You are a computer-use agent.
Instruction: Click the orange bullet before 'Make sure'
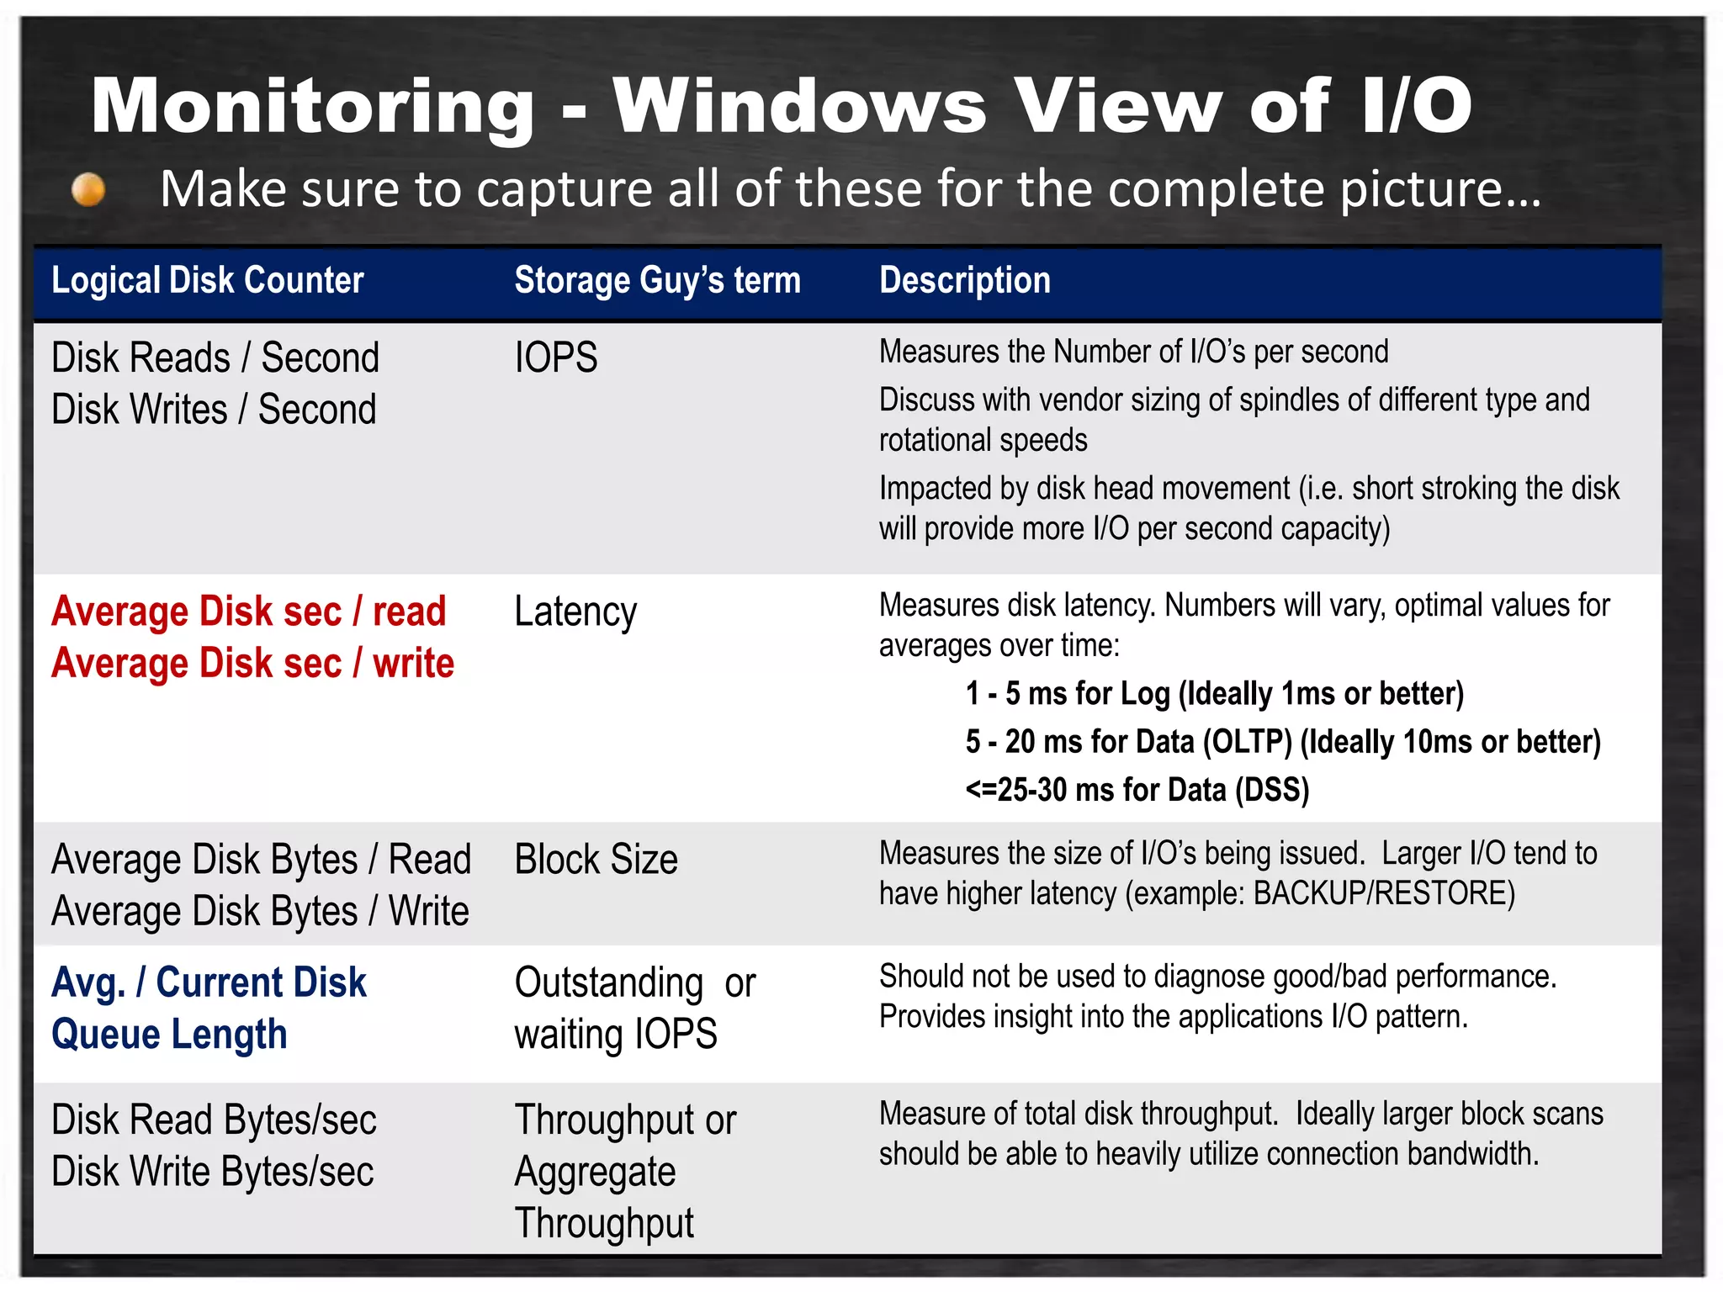[x=88, y=189]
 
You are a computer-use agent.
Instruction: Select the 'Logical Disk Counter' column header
[x=207, y=280]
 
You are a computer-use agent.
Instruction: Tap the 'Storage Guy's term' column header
[x=657, y=280]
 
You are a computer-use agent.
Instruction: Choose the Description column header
[x=965, y=280]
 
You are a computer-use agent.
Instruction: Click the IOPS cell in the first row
[x=555, y=357]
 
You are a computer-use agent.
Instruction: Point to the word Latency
[x=575, y=612]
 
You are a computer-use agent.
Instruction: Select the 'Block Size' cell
[x=596, y=860]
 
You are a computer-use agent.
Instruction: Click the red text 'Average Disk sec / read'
[x=248, y=612]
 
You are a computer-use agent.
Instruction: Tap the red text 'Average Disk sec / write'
[x=252, y=664]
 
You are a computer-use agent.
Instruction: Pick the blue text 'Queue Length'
[x=169, y=1035]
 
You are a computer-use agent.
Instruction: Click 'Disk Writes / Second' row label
[x=214, y=410]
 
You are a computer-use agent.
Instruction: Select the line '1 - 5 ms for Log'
[x=1214, y=694]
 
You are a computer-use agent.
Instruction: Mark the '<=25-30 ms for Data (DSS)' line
[x=1137, y=790]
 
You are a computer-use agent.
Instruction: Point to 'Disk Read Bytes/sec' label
[x=214, y=1120]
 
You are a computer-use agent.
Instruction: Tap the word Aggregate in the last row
[x=595, y=1172]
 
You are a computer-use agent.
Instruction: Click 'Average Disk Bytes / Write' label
[x=260, y=912]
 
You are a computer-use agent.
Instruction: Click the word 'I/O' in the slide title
[x=1416, y=107]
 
